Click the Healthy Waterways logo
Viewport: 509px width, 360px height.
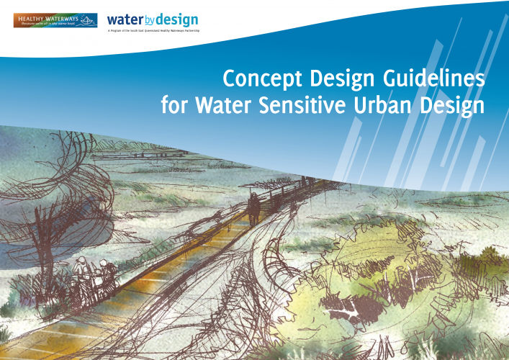(55, 20)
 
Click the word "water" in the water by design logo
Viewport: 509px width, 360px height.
(123, 19)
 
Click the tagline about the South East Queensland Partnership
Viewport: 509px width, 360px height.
(153, 32)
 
